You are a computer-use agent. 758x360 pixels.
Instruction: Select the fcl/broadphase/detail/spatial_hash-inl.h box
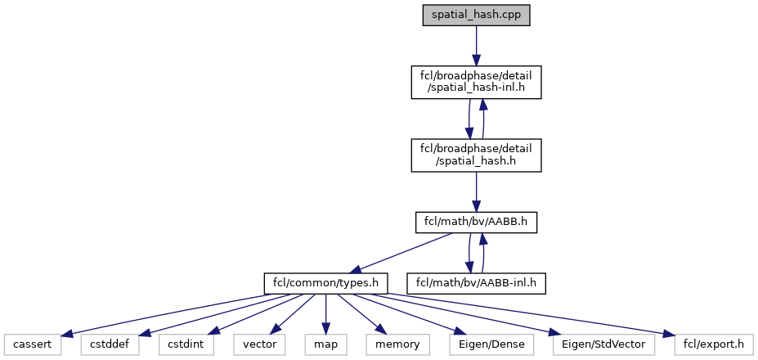pyautogui.click(x=475, y=83)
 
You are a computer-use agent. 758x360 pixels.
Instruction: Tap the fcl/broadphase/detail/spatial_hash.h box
pyautogui.click(x=475, y=155)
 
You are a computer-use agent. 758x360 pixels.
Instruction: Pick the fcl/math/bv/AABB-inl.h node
pyautogui.click(x=480, y=284)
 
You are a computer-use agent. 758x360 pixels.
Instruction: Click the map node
pyautogui.click(x=326, y=345)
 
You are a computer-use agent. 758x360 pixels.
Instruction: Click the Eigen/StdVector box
pyautogui.click(x=603, y=345)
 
